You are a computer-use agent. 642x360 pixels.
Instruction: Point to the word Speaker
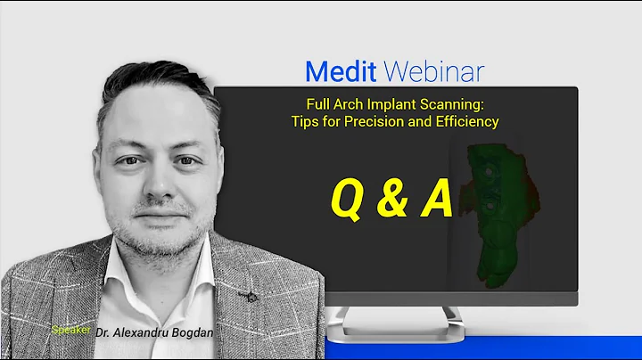click(72, 329)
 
